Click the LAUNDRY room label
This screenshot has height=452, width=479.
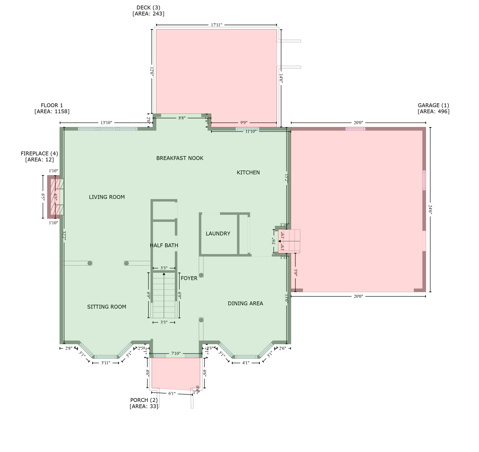coord(218,234)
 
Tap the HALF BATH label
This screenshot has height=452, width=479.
coord(164,245)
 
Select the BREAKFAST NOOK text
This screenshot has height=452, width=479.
coord(180,158)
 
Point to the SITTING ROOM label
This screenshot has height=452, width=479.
coord(107,307)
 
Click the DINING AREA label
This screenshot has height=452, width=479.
coord(245,303)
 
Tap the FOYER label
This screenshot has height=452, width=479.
coord(189,278)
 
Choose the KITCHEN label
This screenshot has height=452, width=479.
coord(248,173)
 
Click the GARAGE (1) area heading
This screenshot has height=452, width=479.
coord(433,105)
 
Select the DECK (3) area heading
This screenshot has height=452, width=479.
coord(148,8)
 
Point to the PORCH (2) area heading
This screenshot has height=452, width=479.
coord(144,400)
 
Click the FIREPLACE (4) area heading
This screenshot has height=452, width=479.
coord(39,154)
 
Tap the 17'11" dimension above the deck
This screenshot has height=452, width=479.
coord(216,25)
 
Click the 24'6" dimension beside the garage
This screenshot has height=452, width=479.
coord(430,210)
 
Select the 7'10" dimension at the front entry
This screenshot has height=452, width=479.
coord(176,353)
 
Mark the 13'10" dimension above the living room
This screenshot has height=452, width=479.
coord(106,123)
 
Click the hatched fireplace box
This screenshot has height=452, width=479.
coord(55,197)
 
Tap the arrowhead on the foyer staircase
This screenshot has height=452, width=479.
coord(164,274)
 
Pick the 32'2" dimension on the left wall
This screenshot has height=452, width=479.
coord(64,236)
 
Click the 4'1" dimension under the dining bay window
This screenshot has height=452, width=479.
coord(245,363)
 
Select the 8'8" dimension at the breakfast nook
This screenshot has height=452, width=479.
coord(182,118)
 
